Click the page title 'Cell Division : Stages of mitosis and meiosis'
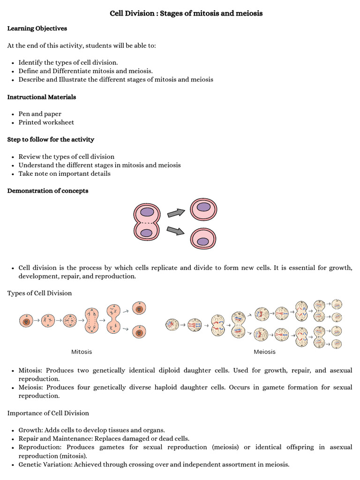tap(186, 14)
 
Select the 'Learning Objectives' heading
tap(37, 29)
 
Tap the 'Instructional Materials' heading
tap(42, 97)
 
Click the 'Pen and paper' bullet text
tap(40, 114)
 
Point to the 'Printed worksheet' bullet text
tap(46, 122)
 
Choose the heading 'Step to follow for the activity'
tap(51, 140)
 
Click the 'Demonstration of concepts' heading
tap(48, 191)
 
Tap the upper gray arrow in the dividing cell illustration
tap(176, 213)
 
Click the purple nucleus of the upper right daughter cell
tap(203, 207)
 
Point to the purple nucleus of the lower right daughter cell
tap(203, 241)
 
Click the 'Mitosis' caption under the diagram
tap(82, 352)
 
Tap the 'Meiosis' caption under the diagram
tap(265, 352)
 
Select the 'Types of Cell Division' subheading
tap(40, 293)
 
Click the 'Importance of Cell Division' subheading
tap(48, 413)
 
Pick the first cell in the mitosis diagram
tap(26, 321)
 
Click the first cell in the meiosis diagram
tap(172, 324)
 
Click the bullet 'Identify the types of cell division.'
tap(68, 62)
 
